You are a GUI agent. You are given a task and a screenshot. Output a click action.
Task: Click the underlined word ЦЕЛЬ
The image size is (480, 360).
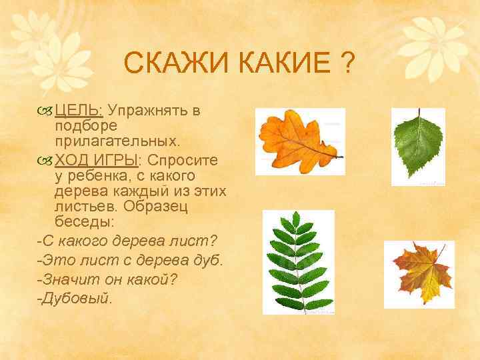click(x=79, y=109)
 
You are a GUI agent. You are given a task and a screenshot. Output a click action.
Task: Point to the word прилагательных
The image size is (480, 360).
click(x=117, y=141)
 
